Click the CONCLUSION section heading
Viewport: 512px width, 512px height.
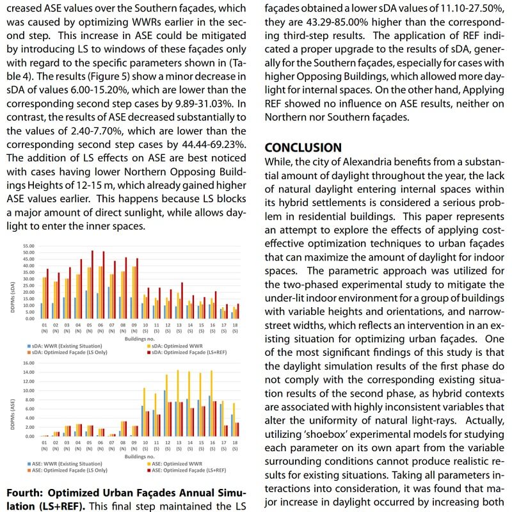pos(303,148)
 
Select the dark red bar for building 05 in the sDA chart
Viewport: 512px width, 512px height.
pos(92,284)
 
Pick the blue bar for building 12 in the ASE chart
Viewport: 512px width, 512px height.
pos(164,413)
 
